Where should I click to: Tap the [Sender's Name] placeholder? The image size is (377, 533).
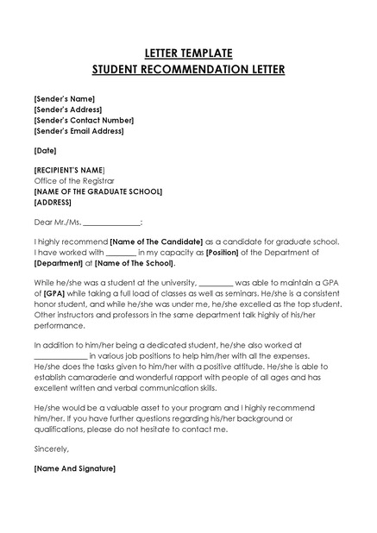[x=64, y=99]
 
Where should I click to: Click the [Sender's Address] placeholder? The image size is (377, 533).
[x=68, y=110]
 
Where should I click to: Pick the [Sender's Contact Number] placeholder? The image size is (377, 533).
[x=83, y=121]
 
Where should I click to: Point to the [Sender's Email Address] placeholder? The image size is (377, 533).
[x=79, y=131]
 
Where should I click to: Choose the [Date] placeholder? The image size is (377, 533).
[x=45, y=151]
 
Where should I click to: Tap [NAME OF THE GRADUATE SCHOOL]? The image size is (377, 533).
[x=98, y=191]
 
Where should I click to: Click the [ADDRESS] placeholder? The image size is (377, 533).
[x=53, y=203]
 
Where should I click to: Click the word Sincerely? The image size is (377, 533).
[x=51, y=448]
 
